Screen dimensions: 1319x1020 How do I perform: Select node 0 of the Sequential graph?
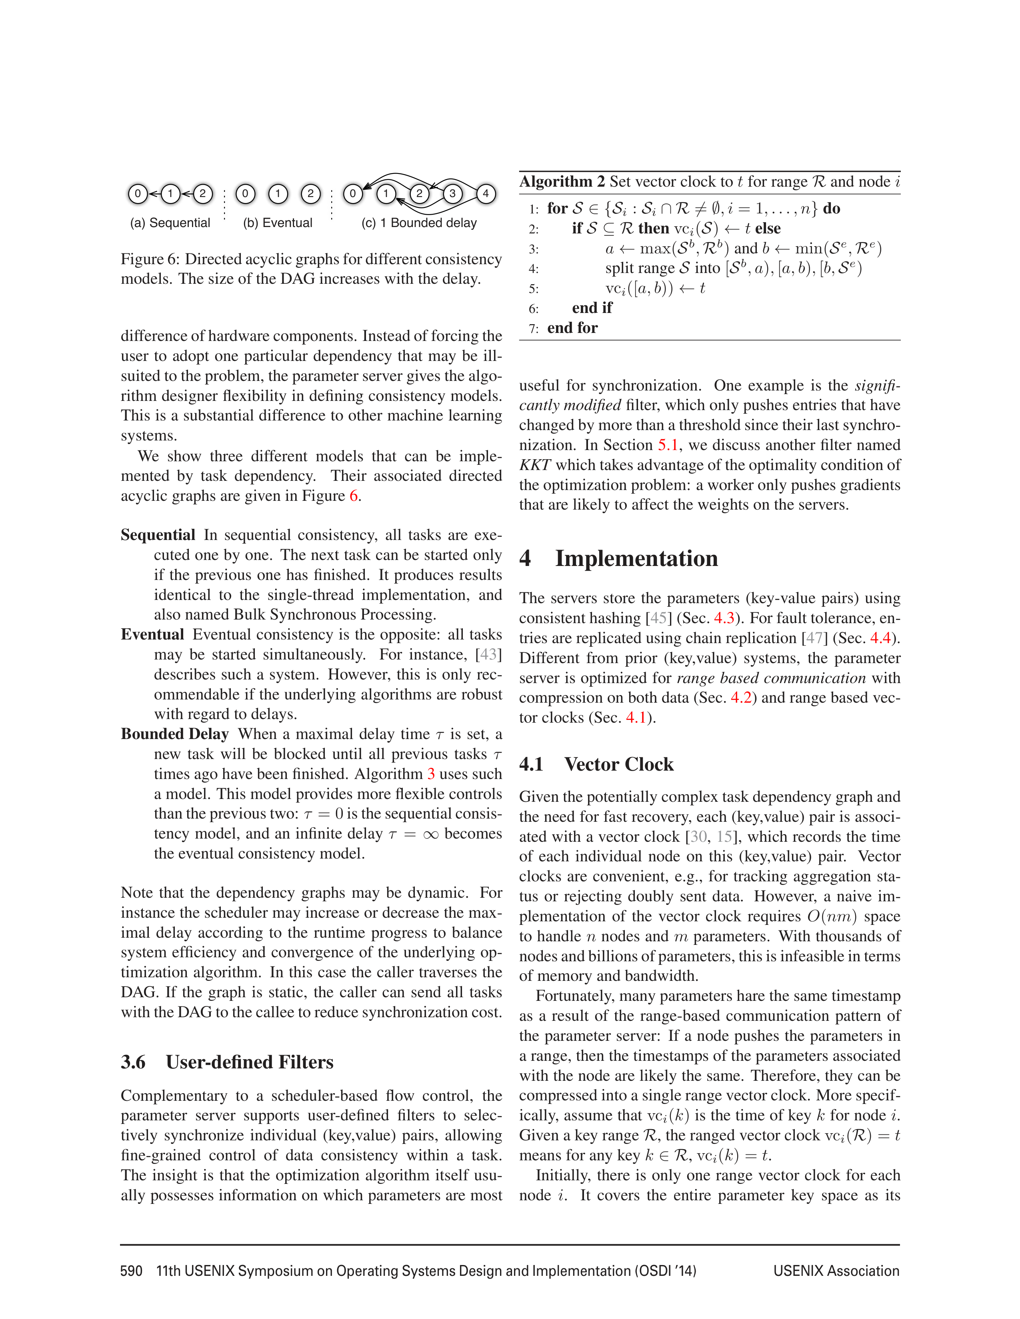(138, 194)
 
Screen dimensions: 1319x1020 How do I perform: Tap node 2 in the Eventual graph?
(310, 194)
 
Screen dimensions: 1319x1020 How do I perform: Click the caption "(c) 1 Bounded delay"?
(419, 223)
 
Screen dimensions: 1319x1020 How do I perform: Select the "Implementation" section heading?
(636, 559)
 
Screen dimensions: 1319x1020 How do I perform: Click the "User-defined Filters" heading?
(250, 1062)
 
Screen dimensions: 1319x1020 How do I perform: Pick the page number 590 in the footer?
(131, 1271)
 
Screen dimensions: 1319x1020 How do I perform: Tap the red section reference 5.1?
(668, 445)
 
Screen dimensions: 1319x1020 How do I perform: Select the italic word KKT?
(535, 465)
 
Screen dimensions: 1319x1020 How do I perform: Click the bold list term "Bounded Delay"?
(175, 734)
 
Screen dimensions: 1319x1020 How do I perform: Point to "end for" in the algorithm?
(572, 328)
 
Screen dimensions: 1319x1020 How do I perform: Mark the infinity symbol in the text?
(430, 834)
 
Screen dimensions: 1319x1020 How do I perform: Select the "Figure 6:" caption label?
(150, 259)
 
